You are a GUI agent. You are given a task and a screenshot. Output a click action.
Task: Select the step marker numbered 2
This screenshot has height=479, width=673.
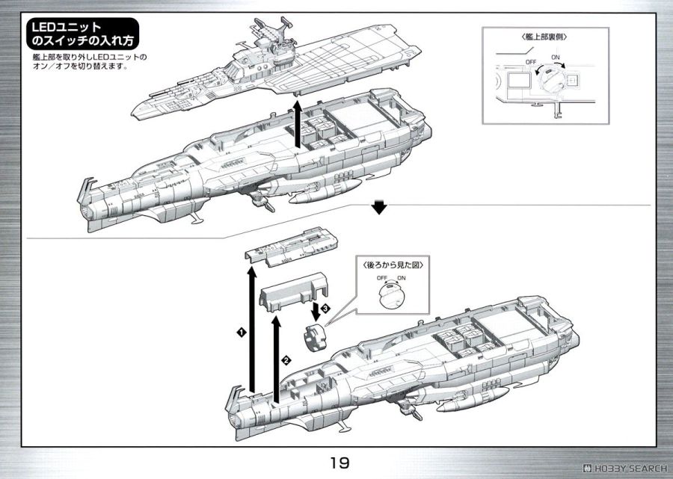[x=286, y=359]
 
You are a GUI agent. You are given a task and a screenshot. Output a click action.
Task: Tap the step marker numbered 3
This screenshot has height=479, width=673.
[x=325, y=309]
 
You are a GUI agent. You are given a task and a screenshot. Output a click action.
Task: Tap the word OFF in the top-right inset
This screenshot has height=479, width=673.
[x=531, y=61]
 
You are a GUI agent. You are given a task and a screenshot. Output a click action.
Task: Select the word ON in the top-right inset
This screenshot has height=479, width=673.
[x=554, y=57]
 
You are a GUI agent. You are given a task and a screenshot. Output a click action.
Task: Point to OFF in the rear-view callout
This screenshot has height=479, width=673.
[x=381, y=278]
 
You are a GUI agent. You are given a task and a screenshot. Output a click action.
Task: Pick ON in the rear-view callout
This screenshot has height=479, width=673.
[x=401, y=278]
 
